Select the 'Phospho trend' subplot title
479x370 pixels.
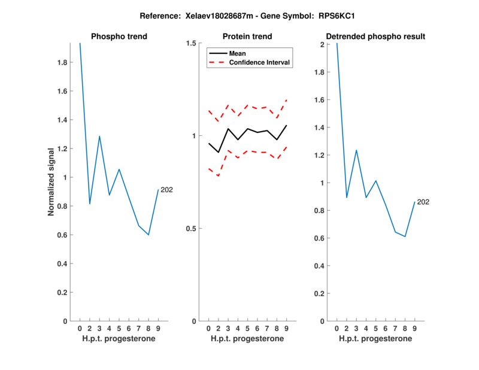[x=119, y=37]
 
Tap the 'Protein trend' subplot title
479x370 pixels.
[x=247, y=37]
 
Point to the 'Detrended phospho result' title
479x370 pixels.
[x=375, y=37]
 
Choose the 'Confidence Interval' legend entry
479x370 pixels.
[x=260, y=62]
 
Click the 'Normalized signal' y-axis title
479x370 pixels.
[x=51, y=181]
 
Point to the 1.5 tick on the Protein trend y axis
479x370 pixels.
[x=192, y=43]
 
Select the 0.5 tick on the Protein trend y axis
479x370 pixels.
[x=192, y=229]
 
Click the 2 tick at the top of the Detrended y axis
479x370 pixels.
[x=323, y=45]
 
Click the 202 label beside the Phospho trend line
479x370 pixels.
[x=166, y=190]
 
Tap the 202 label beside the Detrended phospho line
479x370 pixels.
[x=423, y=202]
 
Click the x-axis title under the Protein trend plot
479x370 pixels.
[x=247, y=339]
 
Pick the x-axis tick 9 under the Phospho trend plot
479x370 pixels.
[x=158, y=328]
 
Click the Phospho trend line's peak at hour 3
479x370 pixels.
[x=99, y=137]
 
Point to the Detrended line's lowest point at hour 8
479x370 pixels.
[x=405, y=236]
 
